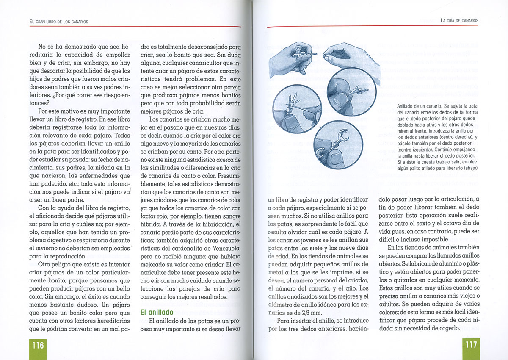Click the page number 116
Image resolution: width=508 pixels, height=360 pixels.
pos(38,345)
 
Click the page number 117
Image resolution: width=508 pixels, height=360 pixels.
pos(471,345)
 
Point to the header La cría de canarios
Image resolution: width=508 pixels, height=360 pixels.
pos(459,21)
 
